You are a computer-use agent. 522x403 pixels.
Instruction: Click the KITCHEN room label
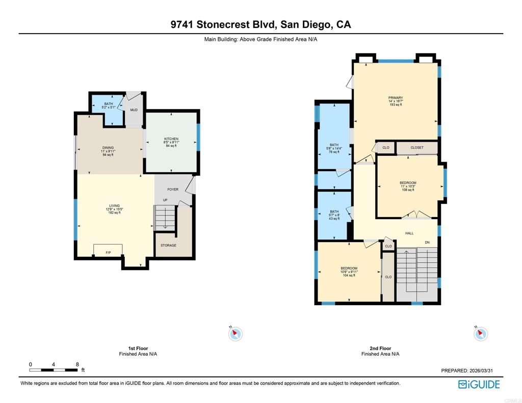coord(171,139)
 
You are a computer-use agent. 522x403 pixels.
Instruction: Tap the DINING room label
coord(108,148)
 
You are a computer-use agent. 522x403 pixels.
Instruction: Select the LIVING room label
coord(114,206)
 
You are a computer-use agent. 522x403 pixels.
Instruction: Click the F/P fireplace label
coord(108,253)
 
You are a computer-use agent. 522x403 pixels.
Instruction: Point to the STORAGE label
coord(168,246)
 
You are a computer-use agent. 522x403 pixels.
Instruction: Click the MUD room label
coord(134,110)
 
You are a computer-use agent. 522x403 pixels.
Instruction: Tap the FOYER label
coord(173,190)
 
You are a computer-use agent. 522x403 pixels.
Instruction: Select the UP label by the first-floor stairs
coord(165,200)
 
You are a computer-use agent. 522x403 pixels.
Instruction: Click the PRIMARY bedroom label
coord(396,98)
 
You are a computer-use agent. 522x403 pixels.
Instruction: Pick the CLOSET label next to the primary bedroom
coord(417,148)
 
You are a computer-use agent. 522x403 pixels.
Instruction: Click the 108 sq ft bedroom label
coord(408,183)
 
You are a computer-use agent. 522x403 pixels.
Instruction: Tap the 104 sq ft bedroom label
coord(349,268)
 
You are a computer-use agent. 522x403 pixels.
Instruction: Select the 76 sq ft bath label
coord(334,145)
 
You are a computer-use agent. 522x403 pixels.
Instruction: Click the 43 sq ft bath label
coord(334,212)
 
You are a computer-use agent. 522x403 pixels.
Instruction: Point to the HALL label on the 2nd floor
coord(409,233)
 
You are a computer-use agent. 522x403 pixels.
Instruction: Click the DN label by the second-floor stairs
coord(427,242)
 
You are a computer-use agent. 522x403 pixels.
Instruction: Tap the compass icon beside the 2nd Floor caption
coord(480,334)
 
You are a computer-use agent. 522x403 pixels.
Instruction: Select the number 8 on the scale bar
coord(77,364)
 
